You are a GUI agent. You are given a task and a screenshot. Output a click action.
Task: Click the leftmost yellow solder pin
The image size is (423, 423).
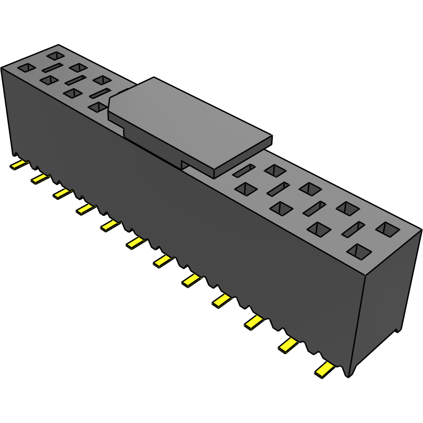coord(18,165)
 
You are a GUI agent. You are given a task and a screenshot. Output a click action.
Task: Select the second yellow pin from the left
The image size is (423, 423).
coord(39,179)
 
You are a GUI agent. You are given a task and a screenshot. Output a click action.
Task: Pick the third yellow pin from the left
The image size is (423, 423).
coord(62,194)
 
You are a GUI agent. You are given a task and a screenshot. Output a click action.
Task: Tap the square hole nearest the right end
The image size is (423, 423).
coord(387,229)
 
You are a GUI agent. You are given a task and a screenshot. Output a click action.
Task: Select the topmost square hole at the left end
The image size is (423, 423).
coord(55,55)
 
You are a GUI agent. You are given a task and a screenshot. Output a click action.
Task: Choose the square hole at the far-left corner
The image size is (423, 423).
coord(26,68)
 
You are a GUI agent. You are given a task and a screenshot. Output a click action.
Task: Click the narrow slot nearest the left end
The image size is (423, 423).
coord(52,68)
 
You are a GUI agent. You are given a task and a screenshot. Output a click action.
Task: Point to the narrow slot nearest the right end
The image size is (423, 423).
coord(353,229)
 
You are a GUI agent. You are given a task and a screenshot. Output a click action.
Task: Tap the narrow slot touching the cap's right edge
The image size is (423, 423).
coord(243,170)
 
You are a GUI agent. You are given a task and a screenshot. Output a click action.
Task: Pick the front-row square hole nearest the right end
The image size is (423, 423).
coord(358,252)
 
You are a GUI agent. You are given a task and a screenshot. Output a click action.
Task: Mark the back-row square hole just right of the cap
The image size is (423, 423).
coord(274,170)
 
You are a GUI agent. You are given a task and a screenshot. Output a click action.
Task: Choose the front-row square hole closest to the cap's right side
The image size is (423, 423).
coord(244,188)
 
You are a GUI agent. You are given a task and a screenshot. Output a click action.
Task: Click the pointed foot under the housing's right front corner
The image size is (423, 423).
coord(348,371)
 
